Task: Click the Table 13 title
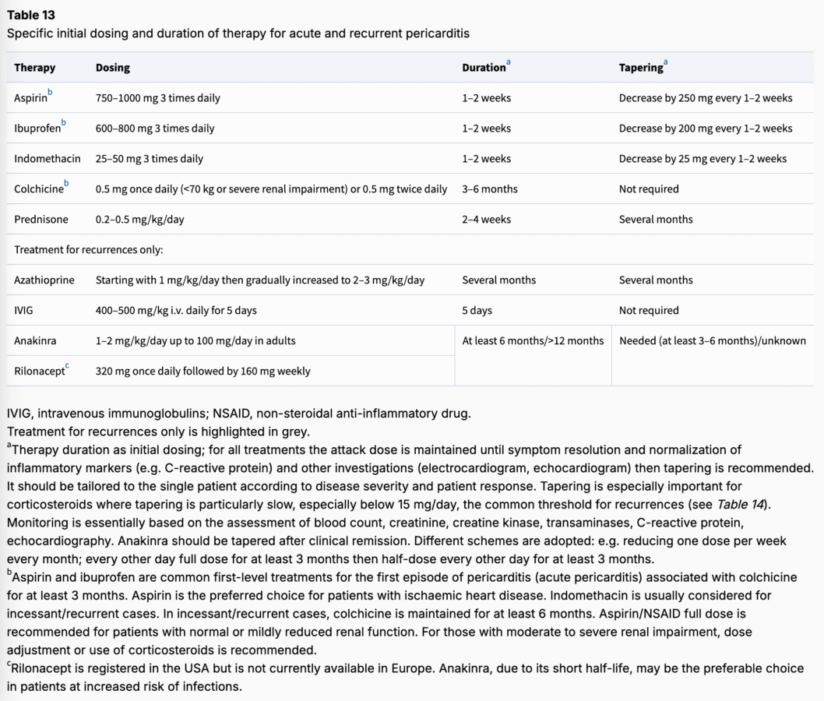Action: pos(31,15)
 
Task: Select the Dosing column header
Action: pos(113,68)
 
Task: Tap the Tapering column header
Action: pos(641,68)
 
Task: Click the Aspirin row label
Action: pos(30,98)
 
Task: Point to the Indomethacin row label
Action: pos(47,159)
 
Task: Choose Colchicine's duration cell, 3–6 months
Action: pos(489,189)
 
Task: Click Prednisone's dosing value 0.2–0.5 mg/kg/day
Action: pos(140,220)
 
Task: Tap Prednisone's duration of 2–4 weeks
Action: pos(486,220)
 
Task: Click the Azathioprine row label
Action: pos(44,280)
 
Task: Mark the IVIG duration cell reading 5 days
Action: pos(477,311)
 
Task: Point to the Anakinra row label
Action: pos(35,341)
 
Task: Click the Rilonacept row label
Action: pos(38,372)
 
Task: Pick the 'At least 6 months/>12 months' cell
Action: pos(533,341)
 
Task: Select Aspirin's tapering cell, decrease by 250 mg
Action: pos(705,98)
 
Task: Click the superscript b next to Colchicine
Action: pos(66,184)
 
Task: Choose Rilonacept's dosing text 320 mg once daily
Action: pos(202,372)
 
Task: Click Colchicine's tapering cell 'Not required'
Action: pos(648,189)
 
